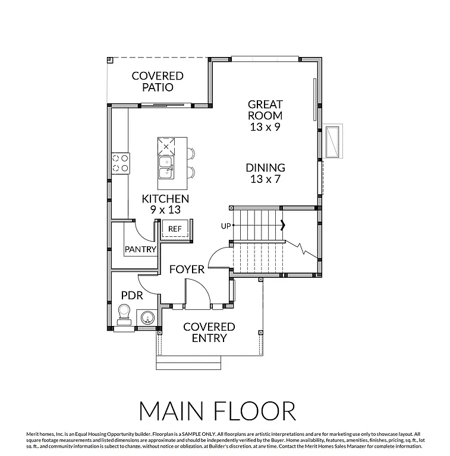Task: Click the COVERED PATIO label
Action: click(158, 82)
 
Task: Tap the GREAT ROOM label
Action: click(265, 110)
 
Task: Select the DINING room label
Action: click(265, 168)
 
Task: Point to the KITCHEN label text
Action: click(165, 199)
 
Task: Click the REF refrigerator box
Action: click(175, 229)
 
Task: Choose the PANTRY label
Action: click(140, 249)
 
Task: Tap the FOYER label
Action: click(187, 269)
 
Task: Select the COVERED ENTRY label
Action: click(209, 332)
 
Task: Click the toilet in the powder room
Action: click(124, 313)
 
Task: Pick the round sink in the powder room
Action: click(146, 318)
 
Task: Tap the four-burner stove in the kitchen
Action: click(121, 163)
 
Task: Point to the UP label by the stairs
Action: click(225, 226)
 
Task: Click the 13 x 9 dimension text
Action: click(265, 127)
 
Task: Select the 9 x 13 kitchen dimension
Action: click(165, 210)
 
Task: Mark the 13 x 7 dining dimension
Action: click(265, 179)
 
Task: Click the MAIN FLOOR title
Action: click(217, 411)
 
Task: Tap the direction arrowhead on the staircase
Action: click(283, 225)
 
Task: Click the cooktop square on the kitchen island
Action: click(166, 145)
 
